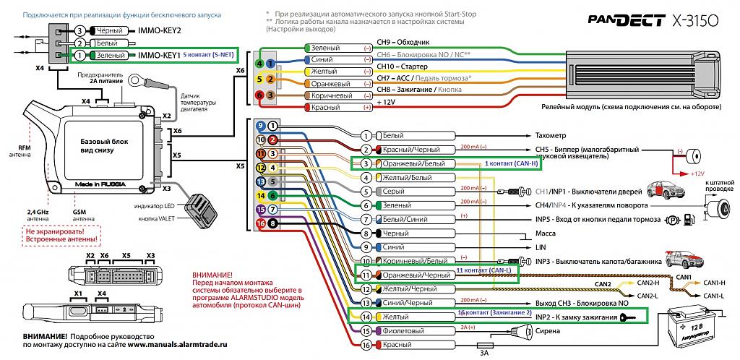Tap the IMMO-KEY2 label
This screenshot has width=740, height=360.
[x=158, y=30]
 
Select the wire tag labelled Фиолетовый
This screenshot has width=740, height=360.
[x=405, y=331]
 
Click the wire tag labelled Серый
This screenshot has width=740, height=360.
[x=405, y=192]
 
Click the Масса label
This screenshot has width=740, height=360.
[x=545, y=233]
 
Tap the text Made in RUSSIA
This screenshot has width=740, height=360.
[x=98, y=184]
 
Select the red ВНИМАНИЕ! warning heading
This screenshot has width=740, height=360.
[x=214, y=275]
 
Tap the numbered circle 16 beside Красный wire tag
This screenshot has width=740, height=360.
[x=366, y=345]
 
